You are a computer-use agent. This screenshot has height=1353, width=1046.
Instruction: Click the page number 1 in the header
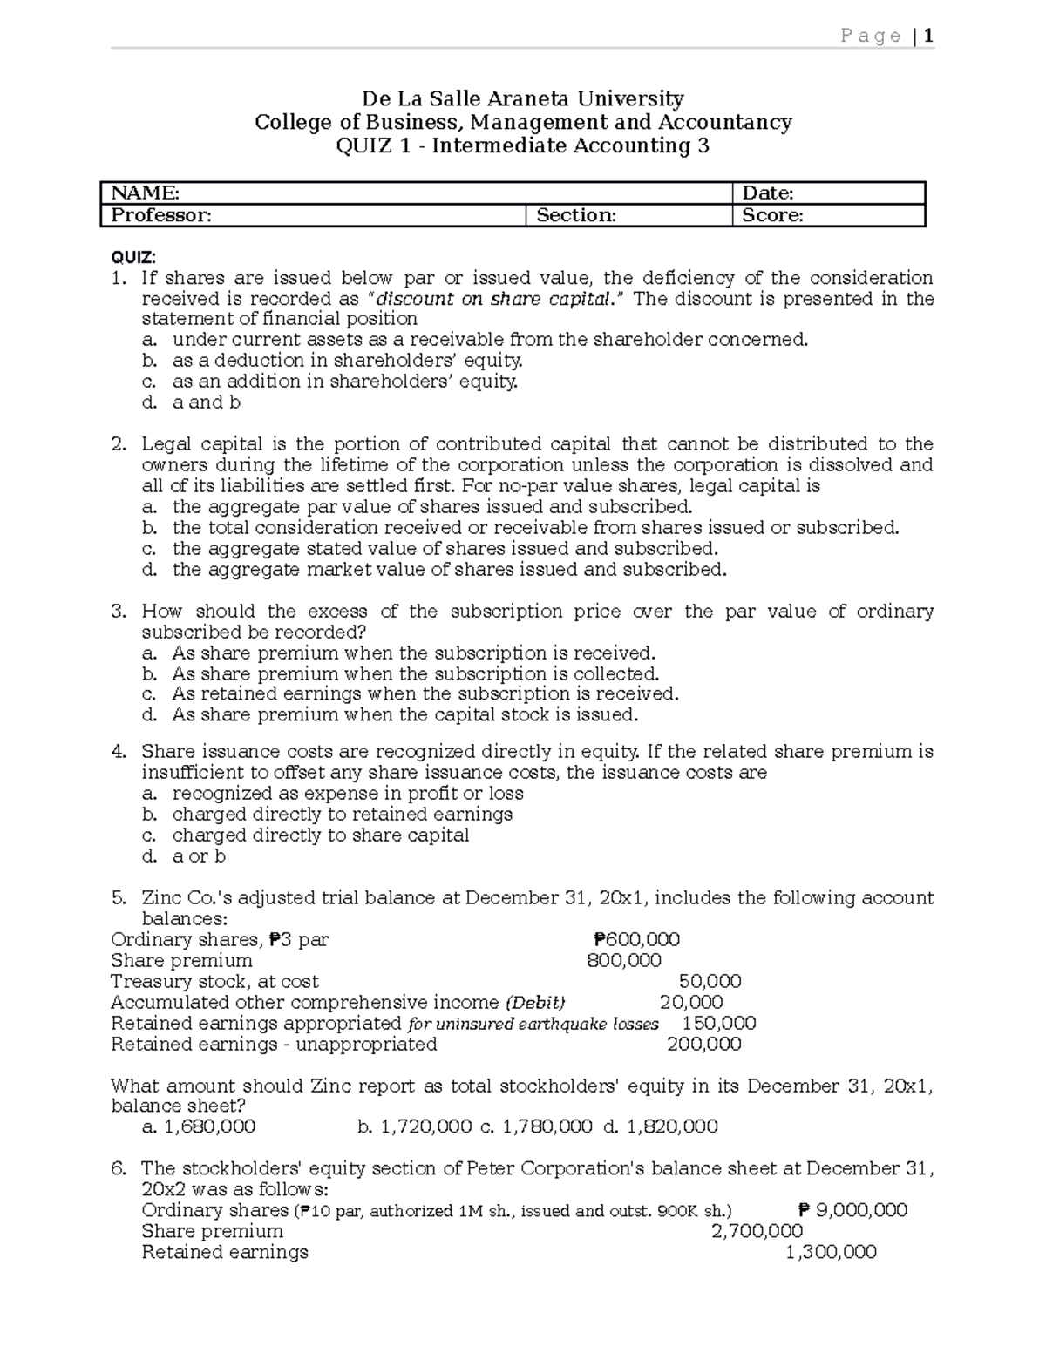click(x=929, y=36)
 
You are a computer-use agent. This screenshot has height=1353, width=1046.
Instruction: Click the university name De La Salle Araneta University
click(x=523, y=98)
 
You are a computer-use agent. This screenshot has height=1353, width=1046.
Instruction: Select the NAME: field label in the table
click(x=141, y=193)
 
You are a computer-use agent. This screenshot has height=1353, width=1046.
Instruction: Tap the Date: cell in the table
click(x=767, y=193)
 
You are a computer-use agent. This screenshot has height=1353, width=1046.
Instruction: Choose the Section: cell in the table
click(x=576, y=215)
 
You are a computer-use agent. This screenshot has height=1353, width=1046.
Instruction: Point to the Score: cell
click(x=772, y=215)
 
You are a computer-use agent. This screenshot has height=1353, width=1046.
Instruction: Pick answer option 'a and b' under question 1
click(x=207, y=403)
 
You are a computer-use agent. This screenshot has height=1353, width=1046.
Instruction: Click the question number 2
click(x=119, y=444)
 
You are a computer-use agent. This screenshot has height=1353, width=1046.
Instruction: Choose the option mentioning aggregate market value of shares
click(x=449, y=570)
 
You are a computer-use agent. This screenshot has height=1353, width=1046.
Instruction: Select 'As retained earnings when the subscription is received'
click(x=425, y=694)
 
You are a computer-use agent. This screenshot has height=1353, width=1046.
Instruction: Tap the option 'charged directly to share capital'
click(x=320, y=835)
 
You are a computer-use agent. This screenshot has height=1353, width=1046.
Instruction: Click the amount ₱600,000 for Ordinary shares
click(x=636, y=940)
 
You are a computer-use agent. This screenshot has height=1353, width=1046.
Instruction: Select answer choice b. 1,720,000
click(x=415, y=1127)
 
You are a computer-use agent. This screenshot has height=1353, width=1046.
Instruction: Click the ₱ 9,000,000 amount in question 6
click(x=852, y=1210)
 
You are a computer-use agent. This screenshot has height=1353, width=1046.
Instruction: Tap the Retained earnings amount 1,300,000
click(x=831, y=1253)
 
